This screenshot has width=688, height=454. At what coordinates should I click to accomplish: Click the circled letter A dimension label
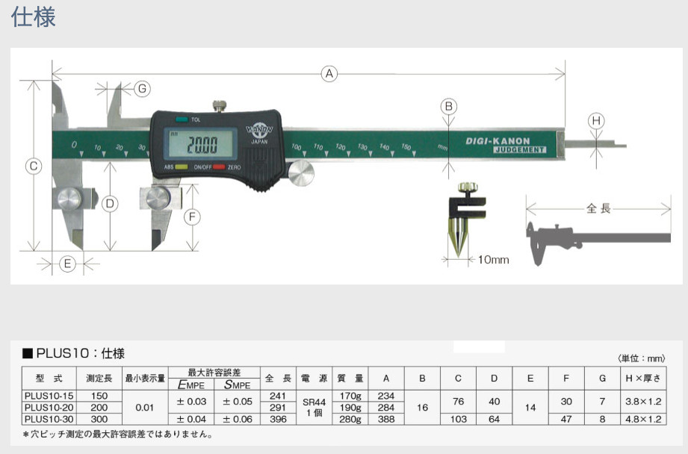(329, 73)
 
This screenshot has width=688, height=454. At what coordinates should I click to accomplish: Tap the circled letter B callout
(448, 107)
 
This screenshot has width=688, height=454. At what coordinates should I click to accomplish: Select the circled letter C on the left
(33, 167)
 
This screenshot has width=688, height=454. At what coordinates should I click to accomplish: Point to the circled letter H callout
(595, 120)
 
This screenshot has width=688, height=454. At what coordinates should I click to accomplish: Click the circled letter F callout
(192, 217)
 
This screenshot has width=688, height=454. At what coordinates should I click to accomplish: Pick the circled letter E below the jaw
(67, 263)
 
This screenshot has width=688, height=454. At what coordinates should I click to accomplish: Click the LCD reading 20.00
(202, 144)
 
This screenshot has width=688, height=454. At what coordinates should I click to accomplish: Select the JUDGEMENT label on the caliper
(519, 150)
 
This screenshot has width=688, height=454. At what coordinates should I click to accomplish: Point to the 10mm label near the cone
(492, 260)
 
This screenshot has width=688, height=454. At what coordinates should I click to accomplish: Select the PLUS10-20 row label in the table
(51, 408)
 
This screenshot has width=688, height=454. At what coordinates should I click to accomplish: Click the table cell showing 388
(385, 420)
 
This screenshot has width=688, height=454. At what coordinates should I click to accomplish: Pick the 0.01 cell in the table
(145, 408)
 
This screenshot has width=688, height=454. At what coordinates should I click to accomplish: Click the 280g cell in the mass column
(349, 420)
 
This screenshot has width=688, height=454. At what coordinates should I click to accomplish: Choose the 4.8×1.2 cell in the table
(643, 420)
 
